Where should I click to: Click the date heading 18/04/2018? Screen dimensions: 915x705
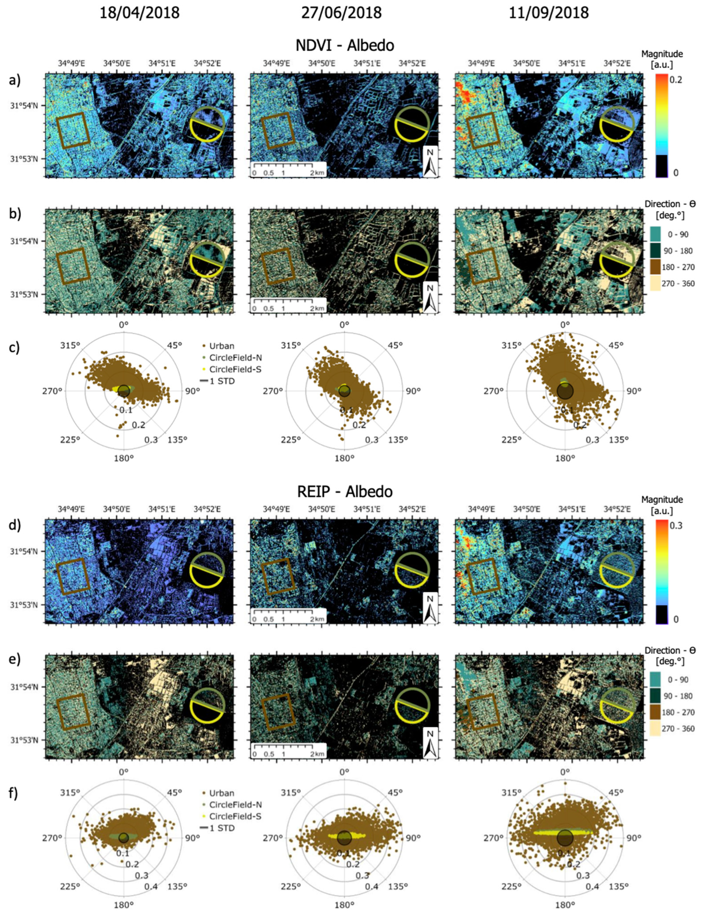tap(139, 13)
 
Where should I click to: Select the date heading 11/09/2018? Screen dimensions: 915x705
tap(548, 13)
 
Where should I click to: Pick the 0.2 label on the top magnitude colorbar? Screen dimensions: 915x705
tap(676, 80)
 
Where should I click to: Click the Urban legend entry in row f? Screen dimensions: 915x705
tap(218, 793)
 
